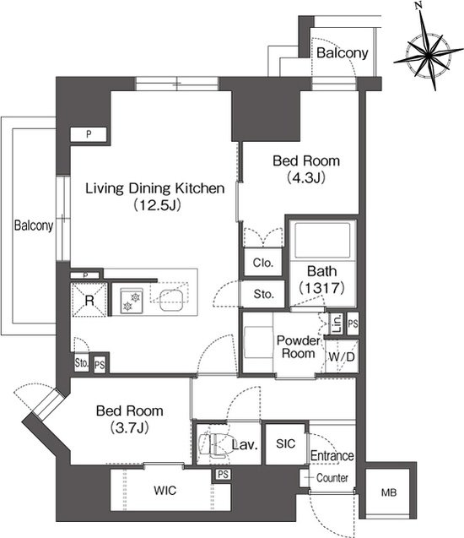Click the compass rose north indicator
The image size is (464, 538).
[418, 5]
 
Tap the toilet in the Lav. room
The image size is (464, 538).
[213, 444]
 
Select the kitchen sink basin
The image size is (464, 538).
[170, 300]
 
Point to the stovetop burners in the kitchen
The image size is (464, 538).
[132, 301]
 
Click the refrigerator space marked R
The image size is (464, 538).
[89, 300]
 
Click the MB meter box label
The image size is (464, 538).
[389, 492]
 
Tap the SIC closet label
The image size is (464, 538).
[285, 443]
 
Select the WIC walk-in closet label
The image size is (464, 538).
[165, 491]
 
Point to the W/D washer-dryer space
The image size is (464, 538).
[342, 356]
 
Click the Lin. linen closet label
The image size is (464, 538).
[337, 323]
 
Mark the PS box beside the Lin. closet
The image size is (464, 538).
[353, 323]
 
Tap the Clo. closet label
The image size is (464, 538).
[263, 263]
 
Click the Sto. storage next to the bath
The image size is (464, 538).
[263, 294]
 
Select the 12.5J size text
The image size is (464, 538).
[157, 205]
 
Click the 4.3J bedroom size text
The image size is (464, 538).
[306, 177]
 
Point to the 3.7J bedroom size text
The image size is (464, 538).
[129, 427]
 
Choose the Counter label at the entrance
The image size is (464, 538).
[332, 478]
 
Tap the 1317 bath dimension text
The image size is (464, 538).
[321, 287]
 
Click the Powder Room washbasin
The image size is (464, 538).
[259, 342]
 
